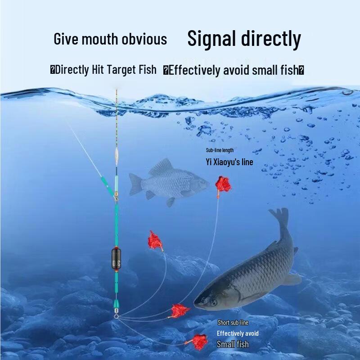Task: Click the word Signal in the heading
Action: [x=211, y=39]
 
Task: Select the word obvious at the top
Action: [x=144, y=39]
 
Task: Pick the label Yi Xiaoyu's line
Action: [x=229, y=162]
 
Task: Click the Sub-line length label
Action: [x=220, y=150]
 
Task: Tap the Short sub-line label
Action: [x=233, y=323]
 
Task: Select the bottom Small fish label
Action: [x=233, y=344]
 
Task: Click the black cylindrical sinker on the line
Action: [x=116, y=258]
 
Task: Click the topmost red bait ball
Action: [x=223, y=184]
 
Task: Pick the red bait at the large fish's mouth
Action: [x=180, y=310]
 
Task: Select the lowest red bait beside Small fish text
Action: [x=199, y=342]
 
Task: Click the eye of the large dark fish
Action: [x=213, y=303]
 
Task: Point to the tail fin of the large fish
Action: [x=279, y=218]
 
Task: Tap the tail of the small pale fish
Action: [x=135, y=184]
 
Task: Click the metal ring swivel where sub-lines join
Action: [x=116, y=316]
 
